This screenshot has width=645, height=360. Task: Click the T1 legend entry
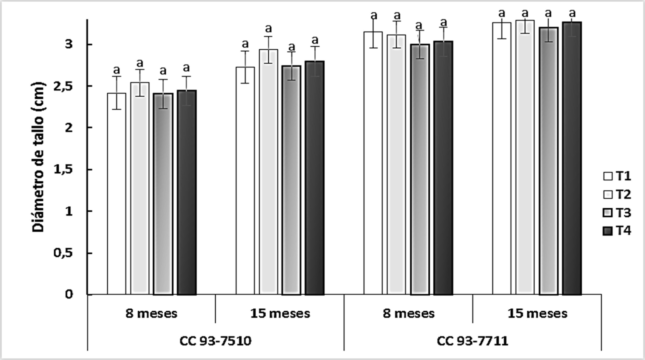coord(617,176)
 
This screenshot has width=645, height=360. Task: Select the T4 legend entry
coord(617,231)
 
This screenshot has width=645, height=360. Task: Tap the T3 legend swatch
coord(608,213)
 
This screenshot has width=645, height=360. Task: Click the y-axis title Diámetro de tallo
coord(38,156)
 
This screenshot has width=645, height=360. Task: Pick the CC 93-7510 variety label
coord(215,341)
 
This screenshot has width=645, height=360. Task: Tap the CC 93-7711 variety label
coord(472,341)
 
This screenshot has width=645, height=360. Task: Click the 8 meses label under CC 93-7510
coord(151,313)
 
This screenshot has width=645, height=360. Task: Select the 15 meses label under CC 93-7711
coord(537,313)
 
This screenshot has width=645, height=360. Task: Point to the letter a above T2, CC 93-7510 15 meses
coord(268,28)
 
